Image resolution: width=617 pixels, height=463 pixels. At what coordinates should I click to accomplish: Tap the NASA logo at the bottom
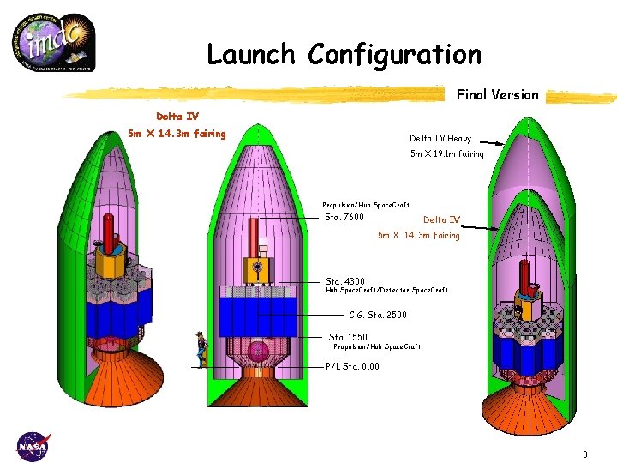tap(33, 446)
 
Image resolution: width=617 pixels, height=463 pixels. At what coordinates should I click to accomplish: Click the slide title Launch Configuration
tap(344, 55)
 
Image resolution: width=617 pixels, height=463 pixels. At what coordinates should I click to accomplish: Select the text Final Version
tap(497, 95)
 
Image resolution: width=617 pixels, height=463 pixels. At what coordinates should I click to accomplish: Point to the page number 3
tap(584, 454)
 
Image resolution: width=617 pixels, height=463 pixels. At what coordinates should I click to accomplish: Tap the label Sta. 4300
tap(345, 281)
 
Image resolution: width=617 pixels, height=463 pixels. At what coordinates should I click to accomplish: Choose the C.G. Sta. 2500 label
tap(378, 315)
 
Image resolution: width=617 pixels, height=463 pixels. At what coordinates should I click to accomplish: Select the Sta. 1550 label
tap(348, 337)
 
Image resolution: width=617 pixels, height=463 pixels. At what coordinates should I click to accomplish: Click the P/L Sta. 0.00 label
tap(352, 366)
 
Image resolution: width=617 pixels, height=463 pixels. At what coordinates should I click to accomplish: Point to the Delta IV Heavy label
tap(440, 138)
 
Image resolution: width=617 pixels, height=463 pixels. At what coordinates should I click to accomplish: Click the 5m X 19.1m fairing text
tap(447, 154)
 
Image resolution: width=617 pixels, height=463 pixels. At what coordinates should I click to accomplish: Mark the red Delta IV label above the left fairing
tap(177, 117)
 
